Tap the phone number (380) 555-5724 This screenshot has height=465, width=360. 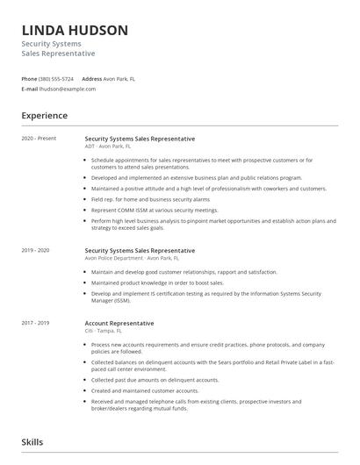click(x=57, y=78)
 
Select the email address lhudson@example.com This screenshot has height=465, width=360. click(x=68, y=89)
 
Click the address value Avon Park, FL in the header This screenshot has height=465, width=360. click(x=119, y=78)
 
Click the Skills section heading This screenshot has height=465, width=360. click(x=32, y=443)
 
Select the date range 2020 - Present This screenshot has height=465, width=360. click(x=38, y=139)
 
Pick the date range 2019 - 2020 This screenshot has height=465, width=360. click(x=36, y=250)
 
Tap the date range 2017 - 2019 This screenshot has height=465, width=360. click(x=36, y=323)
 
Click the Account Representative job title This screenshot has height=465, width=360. click(x=120, y=323)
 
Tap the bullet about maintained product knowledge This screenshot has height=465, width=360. click(x=157, y=283)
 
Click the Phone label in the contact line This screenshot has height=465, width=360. click(x=29, y=78)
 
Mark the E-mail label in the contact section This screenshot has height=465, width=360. click(x=30, y=89)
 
